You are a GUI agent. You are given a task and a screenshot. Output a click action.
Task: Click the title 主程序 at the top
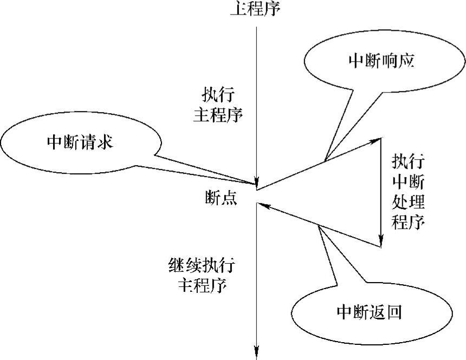click(x=256, y=9)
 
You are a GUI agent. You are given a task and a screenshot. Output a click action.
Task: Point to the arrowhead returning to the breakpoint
click(x=263, y=204)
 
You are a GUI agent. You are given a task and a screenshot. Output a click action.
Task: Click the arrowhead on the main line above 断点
click(x=256, y=183)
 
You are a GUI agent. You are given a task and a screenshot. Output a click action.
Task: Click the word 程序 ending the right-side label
click(x=407, y=221)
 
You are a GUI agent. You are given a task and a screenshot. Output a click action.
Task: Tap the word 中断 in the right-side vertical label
click(x=407, y=182)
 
